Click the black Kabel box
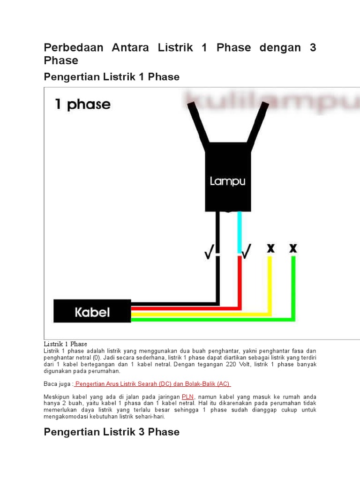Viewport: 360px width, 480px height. point(92,311)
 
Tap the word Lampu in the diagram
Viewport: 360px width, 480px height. point(227,180)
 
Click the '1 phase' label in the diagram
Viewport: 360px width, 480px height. point(82,104)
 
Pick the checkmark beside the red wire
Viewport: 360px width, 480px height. point(246,251)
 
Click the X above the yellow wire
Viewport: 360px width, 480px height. point(270,247)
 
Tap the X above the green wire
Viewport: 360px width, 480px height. point(293,247)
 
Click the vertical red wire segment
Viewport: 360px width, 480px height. point(239,281)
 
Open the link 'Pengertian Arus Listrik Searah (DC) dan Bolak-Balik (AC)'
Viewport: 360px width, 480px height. point(152,383)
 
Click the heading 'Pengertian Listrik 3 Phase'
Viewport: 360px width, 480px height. point(112,432)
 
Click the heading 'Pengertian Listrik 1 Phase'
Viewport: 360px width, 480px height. point(112,76)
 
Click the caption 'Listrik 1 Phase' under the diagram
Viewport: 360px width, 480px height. point(65,344)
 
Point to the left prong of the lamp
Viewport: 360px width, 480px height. point(198,123)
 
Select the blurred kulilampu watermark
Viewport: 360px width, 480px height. point(272,102)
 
